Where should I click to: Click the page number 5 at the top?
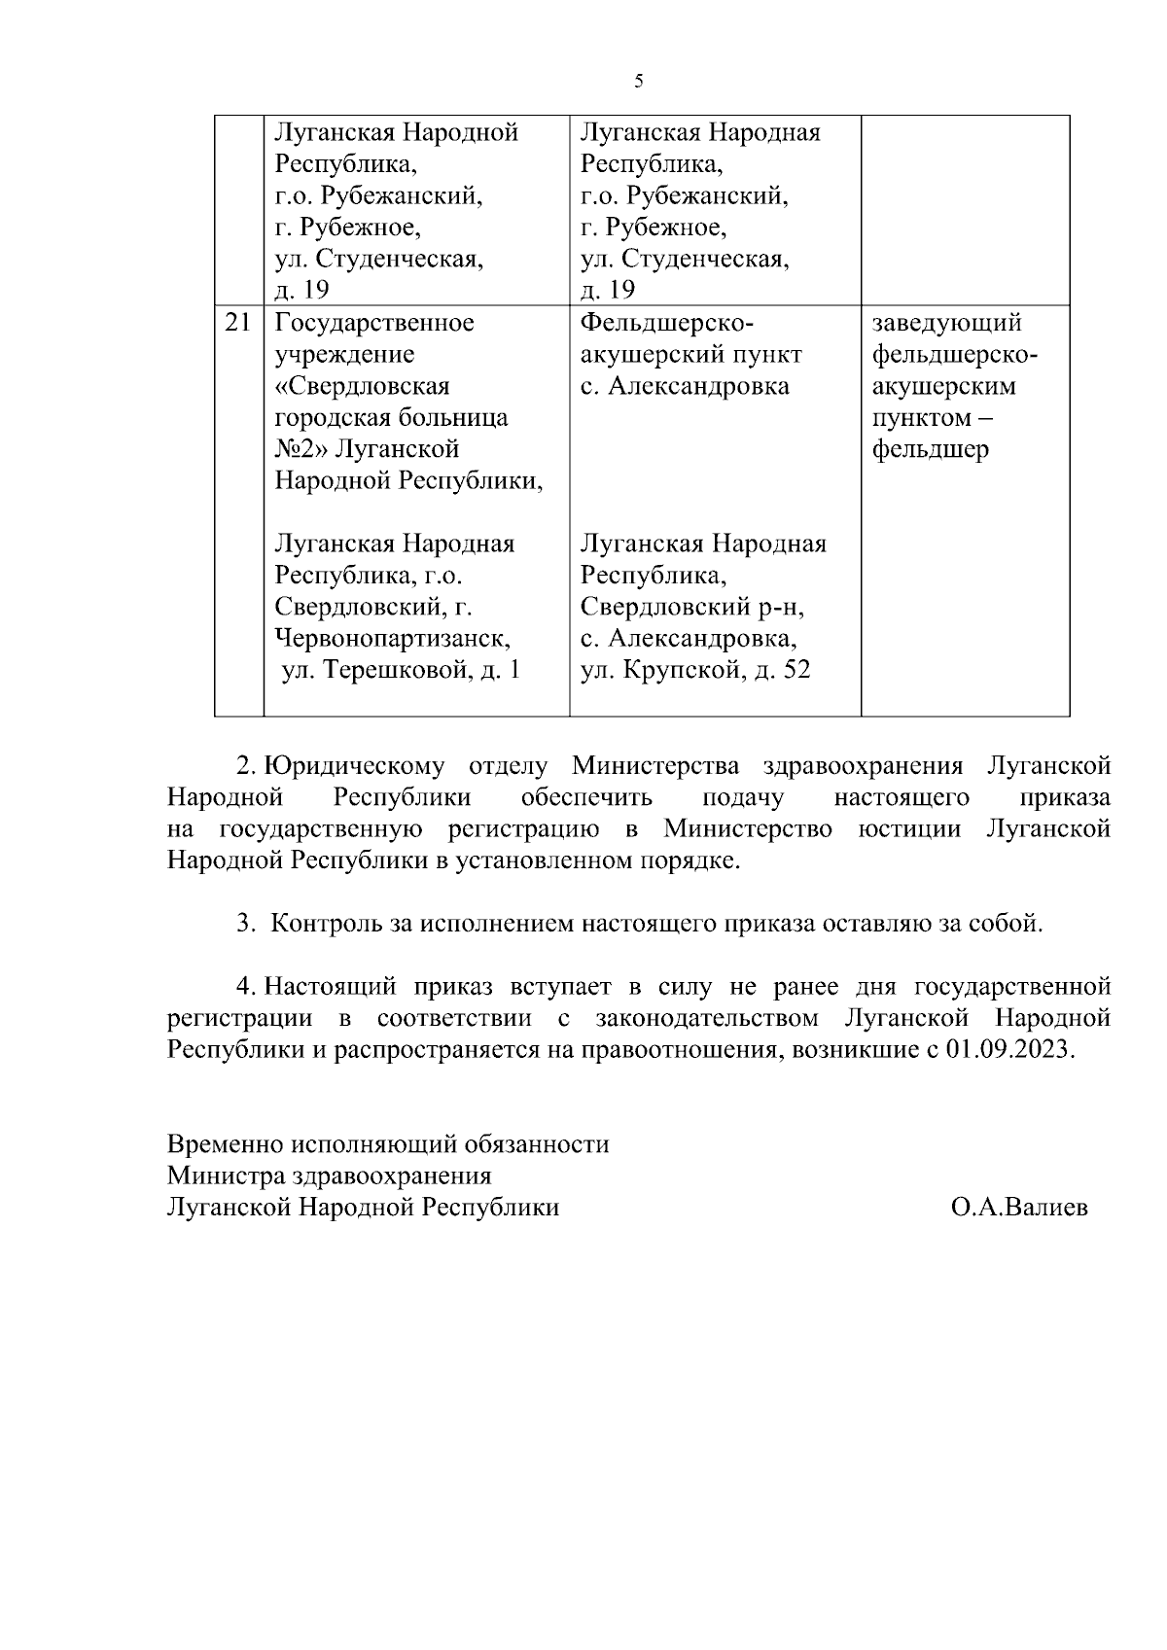[x=638, y=82]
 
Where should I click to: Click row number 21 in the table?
[x=238, y=323]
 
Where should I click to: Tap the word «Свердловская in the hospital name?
[x=362, y=386]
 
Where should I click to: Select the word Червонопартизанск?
[x=393, y=639]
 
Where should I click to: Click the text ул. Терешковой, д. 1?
[x=401, y=671]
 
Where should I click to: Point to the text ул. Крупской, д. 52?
[x=695, y=671]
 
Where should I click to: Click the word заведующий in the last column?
[x=946, y=323]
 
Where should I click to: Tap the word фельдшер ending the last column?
[x=931, y=450]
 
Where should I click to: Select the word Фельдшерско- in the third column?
[x=667, y=323]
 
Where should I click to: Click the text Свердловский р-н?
[x=693, y=608]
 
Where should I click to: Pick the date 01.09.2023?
[x=1010, y=1051]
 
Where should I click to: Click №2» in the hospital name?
[x=301, y=450]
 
